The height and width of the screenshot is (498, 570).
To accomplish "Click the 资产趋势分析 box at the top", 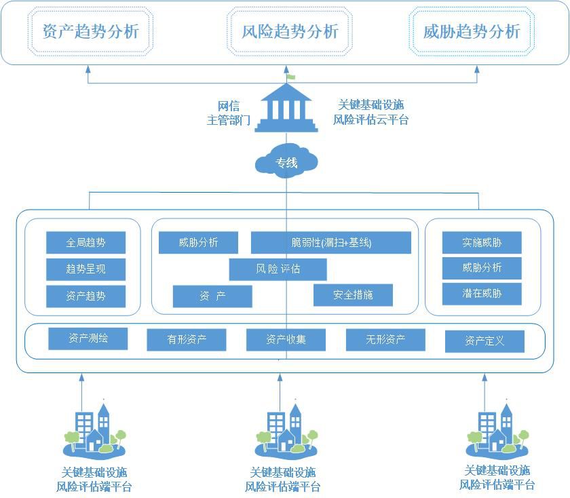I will pos(90,32).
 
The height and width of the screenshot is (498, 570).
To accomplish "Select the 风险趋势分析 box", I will pos(290,32).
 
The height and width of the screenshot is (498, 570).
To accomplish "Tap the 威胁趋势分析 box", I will pos(472,32).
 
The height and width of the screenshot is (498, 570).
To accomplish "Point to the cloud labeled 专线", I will pos(286,162).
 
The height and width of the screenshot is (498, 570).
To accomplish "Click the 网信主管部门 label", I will pos(228,113).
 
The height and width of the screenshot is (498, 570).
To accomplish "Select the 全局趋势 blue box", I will pos(86,242).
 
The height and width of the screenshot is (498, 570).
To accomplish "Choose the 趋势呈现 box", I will pos(86,269).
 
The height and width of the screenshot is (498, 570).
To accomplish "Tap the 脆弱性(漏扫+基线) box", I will pos(330,242).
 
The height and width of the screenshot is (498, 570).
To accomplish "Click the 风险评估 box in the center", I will pos(278,269).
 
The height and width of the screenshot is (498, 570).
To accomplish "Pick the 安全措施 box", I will pos(353,295).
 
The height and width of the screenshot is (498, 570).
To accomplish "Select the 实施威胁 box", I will pos(482,242).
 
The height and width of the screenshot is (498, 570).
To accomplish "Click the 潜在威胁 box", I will pos(482,294).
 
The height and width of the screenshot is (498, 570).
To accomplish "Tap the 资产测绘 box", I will pos(88,339).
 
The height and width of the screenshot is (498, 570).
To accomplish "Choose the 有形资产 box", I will pos(187,340).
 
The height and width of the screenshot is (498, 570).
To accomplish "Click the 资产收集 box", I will pos(286,340).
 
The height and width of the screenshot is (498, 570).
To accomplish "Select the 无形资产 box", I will pos(385,340).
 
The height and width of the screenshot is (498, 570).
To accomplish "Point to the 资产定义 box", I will pos(484,341).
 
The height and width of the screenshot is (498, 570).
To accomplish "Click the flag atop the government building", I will pos(291,77).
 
